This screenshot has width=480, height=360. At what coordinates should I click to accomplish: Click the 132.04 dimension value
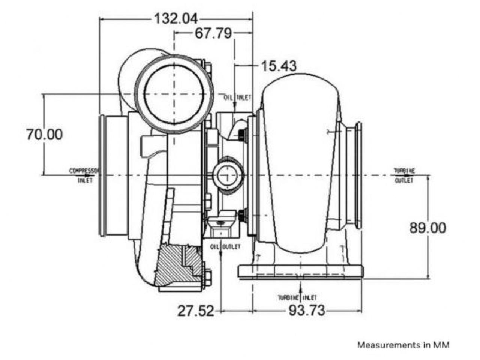coord(176,19)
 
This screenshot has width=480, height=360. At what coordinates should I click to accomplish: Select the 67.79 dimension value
coord(213,34)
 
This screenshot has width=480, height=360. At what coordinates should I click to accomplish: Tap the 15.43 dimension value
coord(279,66)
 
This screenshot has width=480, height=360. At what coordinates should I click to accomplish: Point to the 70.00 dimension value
coord(44,134)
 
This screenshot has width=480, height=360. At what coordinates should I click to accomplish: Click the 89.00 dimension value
coord(427,228)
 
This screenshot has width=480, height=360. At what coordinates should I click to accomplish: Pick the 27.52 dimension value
coord(195,311)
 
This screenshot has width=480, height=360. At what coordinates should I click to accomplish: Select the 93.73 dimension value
coord(307,311)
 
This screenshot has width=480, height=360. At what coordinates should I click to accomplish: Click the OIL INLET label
coord(237,97)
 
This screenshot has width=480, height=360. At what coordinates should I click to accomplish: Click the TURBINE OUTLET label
coord(404,175)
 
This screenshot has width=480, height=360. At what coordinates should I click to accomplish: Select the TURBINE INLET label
coord(297,298)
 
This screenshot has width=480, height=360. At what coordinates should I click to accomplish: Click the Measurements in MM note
coord(403,345)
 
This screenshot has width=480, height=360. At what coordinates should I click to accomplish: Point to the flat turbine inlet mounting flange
coord(300,271)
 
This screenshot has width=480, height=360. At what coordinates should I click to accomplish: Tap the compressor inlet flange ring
coord(102,175)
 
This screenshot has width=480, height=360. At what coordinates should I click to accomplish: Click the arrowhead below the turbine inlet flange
coord(300,287)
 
